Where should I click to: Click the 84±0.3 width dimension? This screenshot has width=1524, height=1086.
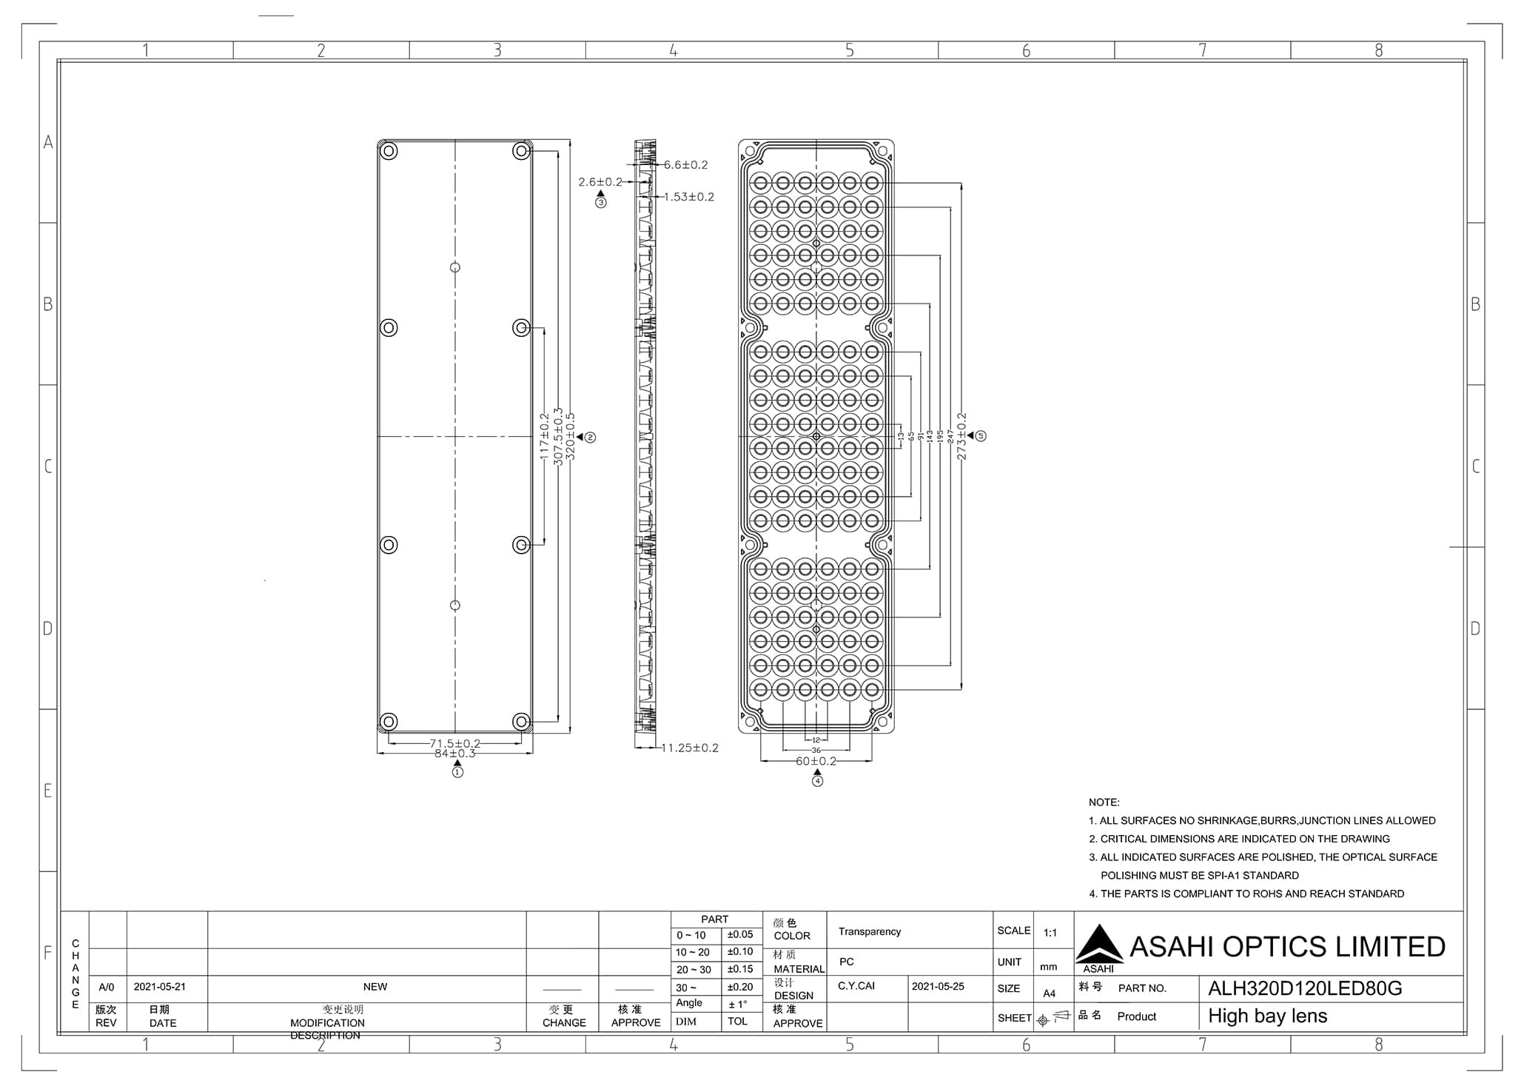(x=454, y=754)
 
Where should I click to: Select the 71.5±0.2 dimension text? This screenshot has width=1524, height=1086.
(x=454, y=743)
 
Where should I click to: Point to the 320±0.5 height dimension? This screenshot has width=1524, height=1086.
(x=570, y=437)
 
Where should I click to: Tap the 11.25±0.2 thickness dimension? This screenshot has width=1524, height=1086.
(x=689, y=748)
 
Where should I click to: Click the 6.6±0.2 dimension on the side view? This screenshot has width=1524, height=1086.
(x=685, y=165)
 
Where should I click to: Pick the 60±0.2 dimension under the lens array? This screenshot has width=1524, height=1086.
(x=816, y=761)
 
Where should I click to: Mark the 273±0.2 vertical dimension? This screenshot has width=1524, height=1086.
(x=961, y=437)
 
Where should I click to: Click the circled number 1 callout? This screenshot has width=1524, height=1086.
(x=457, y=772)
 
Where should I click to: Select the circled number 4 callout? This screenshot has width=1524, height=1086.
(x=817, y=780)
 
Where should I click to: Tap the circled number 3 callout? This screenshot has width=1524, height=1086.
(x=600, y=202)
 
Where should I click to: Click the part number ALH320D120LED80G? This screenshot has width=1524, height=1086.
(x=1304, y=988)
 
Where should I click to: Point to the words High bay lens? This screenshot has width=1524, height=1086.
(x=1267, y=1016)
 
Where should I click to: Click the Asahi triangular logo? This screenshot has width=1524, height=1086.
(x=1099, y=945)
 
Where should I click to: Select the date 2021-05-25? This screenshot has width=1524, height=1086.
(x=938, y=986)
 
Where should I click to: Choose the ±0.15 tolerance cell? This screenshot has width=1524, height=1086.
(x=739, y=969)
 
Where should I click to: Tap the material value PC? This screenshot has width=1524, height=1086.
(x=847, y=962)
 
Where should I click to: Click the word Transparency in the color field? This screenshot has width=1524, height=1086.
(x=870, y=931)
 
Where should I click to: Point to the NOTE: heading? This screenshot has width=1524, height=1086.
(x=1104, y=802)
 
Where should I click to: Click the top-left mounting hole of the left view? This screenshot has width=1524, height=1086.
(x=389, y=152)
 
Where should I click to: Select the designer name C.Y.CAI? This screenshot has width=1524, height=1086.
(x=856, y=986)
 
